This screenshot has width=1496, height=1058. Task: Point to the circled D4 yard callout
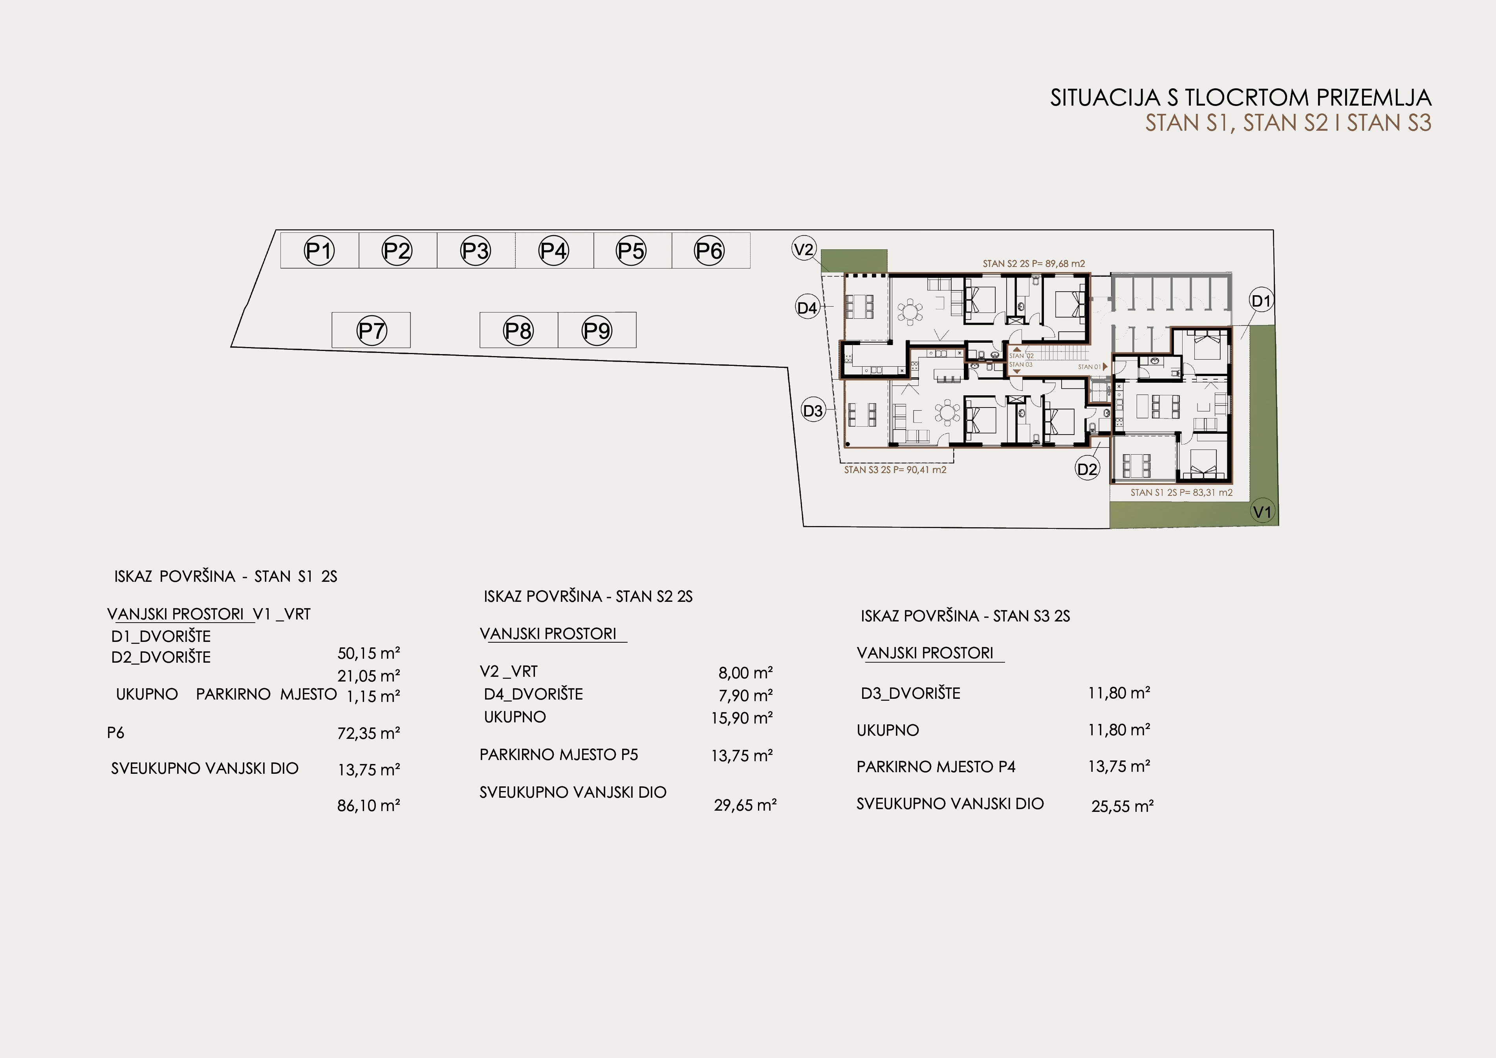pos(807,307)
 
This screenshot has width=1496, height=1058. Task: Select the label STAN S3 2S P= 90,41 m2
pos(895,470)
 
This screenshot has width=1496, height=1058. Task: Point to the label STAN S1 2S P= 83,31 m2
pos(1181,493)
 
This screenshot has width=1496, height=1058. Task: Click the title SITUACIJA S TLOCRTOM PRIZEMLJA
pos(1241,98)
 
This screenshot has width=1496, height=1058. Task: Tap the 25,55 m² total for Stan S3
pos(1122,806)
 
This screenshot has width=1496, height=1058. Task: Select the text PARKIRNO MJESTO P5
pos(559,755)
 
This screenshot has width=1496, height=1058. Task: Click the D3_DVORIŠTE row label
pos(910,693)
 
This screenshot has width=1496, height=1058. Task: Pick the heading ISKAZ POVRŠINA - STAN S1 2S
pos(225,577)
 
